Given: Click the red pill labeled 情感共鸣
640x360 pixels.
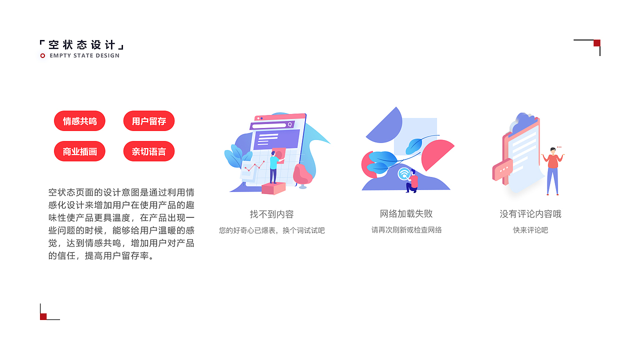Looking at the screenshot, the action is (79, 121).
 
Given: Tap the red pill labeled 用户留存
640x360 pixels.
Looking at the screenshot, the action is (149, 121).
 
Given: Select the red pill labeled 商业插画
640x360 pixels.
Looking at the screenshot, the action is (79, 151).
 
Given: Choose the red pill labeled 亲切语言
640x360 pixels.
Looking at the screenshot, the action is (149, 151).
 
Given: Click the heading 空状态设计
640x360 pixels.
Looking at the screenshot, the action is (82, 45).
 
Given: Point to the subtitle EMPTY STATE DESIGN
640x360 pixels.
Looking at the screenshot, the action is (84, 55).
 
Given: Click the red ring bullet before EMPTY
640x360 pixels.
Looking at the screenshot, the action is (42, 55).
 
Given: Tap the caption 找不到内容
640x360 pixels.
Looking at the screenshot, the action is (271, 214).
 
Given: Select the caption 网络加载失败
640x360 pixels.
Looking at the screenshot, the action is (406, 214).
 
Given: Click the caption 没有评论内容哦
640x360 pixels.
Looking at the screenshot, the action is (530, 214).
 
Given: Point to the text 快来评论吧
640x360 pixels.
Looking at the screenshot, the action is (530, 230).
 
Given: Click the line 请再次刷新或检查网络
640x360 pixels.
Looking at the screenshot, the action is (406, 230).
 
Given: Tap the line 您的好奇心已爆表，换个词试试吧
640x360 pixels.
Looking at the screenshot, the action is (271, 230).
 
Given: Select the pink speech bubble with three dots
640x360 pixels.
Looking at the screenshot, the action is (502, 169).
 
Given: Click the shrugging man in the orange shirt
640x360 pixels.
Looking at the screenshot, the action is (552, 170).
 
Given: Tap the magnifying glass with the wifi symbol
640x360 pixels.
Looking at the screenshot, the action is (404, 174).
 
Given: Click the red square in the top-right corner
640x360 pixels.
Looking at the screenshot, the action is (596, 43).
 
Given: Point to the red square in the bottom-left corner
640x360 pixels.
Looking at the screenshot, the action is (43, 316).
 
